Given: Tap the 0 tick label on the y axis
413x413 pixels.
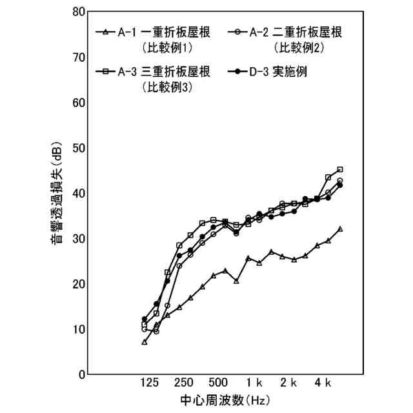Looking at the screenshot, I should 82,374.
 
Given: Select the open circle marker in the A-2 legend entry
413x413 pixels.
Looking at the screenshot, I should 239,32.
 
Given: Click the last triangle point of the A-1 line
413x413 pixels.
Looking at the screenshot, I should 340,228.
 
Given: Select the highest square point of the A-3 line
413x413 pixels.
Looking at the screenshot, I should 340,169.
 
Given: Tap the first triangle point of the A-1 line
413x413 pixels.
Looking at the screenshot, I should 145,341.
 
